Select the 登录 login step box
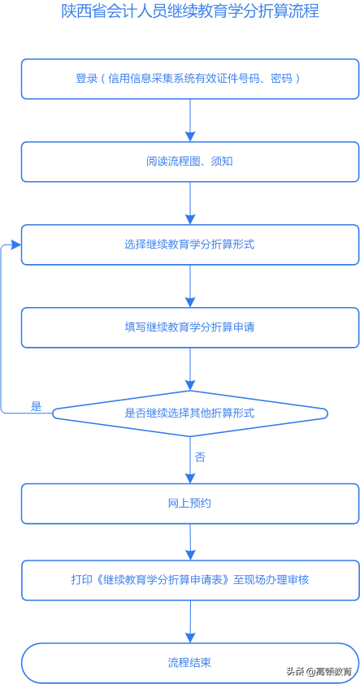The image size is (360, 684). coord(189,79)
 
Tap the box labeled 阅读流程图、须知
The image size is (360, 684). coord(189,162)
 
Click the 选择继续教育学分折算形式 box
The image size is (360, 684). coord(189,245)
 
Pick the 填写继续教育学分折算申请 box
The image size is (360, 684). coord(189,327)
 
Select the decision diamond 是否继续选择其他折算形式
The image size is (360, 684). coord(189,413)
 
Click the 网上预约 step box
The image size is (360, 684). coord(189,504)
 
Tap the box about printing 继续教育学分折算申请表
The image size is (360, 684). coord(189,580)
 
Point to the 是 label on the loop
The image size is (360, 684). coord(36,406)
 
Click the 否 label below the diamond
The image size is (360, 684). coord(200,457)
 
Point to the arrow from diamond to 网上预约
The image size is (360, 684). coord(189,463)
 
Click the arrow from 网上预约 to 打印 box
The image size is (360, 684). coord(190,541)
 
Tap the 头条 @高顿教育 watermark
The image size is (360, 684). coord(319,671)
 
